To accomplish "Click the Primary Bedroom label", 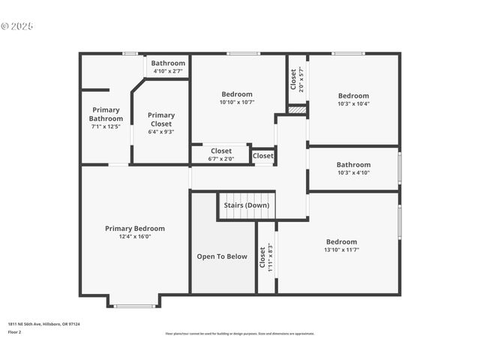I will click(x=135, y=229).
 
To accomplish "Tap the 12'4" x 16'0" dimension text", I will click(x=135, y=237).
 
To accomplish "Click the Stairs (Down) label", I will click(x=246, y=205).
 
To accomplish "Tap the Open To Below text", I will click(x=222, y=256).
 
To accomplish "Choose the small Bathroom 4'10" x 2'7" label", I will click(x=168, y=64).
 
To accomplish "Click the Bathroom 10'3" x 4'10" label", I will click(x=353, y=165).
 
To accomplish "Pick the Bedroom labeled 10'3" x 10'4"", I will click(x=353, y=96).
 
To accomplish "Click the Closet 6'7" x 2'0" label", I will click(x=221, y=151).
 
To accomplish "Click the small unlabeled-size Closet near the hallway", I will click(x=263, y=156).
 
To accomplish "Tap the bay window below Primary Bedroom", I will click(x=135, y=305).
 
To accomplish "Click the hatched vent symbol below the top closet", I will click(x=298, y=109).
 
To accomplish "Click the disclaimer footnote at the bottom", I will click(x=240, y=334).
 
